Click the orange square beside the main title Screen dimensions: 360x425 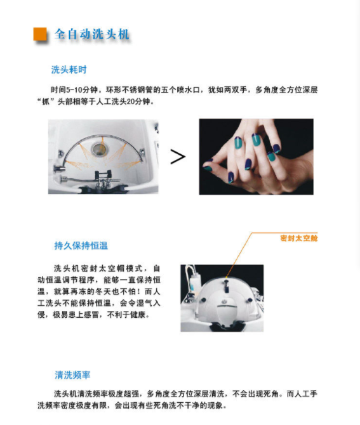click(39, 34)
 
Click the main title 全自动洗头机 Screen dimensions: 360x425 click(91, 34)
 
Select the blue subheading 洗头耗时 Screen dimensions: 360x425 click(69, 70)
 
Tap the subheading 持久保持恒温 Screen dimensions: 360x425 click(81, 245)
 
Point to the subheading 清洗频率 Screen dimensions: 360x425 click(72, 375)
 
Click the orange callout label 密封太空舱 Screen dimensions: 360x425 click(298, 239)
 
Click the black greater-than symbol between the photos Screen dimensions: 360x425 click(178, 157)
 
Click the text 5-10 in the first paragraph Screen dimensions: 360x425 click(74, 89)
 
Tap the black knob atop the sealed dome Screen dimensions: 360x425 click(227, 285)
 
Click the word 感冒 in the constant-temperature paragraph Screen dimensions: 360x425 click(91, 315)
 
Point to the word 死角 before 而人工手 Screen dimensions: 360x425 click(270, 393)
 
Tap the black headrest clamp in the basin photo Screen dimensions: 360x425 click(103, 174)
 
